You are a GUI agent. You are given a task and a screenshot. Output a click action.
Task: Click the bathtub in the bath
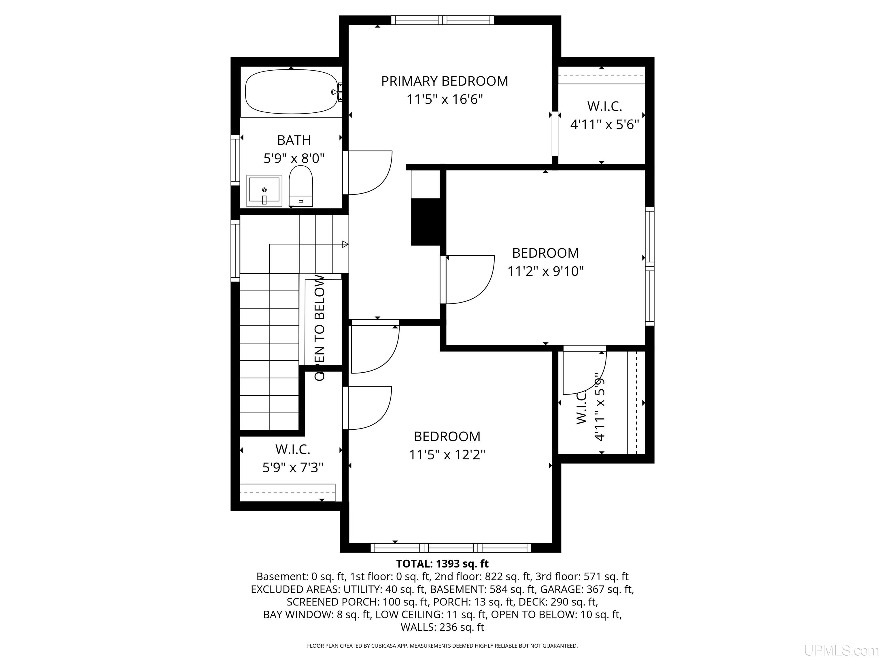point(291,92)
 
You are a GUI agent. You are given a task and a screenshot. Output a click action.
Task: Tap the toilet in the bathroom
point(300,186)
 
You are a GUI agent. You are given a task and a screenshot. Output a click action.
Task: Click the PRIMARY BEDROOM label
point(445,81)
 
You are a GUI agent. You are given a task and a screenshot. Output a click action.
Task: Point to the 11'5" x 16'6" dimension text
point(445,99)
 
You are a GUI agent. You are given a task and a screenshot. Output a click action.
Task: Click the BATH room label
point(294,140)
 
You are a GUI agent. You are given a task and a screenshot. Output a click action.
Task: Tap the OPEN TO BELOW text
point(320,327)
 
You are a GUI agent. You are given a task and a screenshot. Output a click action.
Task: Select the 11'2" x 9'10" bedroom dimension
point(546,271)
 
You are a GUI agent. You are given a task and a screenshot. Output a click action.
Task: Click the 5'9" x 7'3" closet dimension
point(293,467)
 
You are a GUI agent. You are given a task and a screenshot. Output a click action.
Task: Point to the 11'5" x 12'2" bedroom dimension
point(447,455)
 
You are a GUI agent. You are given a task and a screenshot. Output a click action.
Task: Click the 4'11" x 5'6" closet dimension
point(604,124)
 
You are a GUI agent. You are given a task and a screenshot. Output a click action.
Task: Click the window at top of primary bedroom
point(442,20)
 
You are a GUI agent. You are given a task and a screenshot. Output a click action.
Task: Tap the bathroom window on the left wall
point(235,160)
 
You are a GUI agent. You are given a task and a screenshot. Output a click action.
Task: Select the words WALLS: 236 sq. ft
point(442,627)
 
